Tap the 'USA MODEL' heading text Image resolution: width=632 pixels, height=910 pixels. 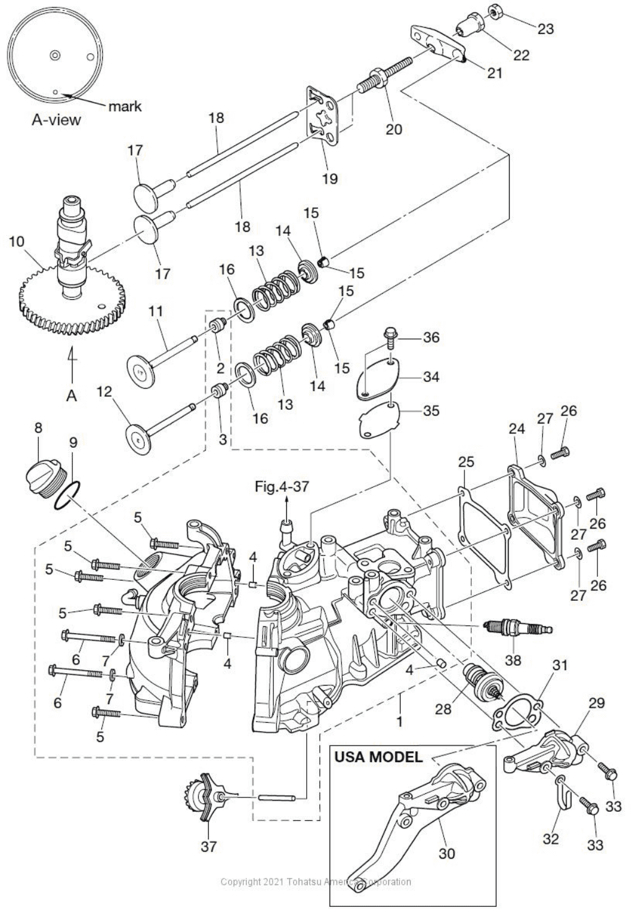pyautogui.click(x=378, y=757)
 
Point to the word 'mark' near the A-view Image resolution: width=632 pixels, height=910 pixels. pyautogui.click(x=125, y=106)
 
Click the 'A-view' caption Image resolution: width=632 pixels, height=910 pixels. pyautogui.click(x=56, y=119)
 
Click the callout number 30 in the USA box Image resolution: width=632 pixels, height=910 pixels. pyautogui.click(x=446, y=853)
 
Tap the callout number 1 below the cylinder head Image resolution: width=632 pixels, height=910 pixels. pyautogui.click(x=399, y=721)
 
